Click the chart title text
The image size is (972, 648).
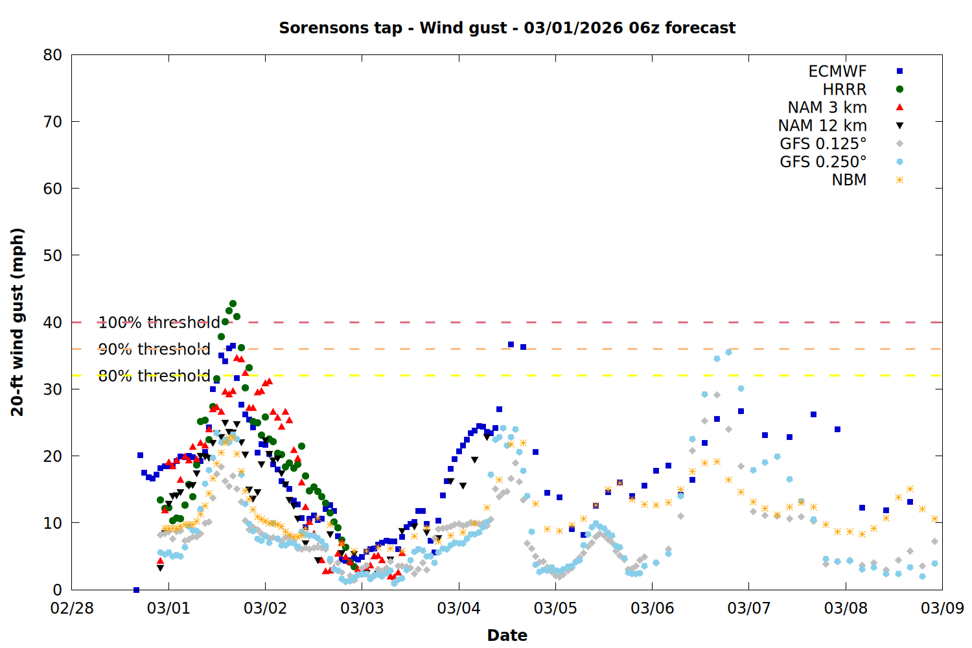pos(507,28)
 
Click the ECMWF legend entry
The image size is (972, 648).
pos(837,71)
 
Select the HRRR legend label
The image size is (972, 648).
pos(844,89)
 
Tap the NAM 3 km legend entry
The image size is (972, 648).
pos(827,108)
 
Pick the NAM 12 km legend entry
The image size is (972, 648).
pos(822,126)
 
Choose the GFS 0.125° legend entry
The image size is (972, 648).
pos(823,144)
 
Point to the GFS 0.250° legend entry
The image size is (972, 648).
pos(823,162)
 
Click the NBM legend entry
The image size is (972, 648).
pos(849,180)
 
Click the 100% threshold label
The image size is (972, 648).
pos(159,323)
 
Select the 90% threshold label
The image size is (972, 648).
pos(154,349)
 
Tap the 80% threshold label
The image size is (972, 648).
pos(154,376)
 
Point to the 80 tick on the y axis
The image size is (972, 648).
pos(53,55)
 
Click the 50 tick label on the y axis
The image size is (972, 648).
pos(53,255)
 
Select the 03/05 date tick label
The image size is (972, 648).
pos(555,608)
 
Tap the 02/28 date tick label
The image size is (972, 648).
pos(72,608)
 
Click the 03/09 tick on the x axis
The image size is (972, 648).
pos(942,608)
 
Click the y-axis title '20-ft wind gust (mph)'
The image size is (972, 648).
pos(17,322)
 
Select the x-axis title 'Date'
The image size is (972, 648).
pos(507,635)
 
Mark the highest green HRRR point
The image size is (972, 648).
pos(233,304)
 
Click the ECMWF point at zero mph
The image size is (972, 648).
pos(136,590)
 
